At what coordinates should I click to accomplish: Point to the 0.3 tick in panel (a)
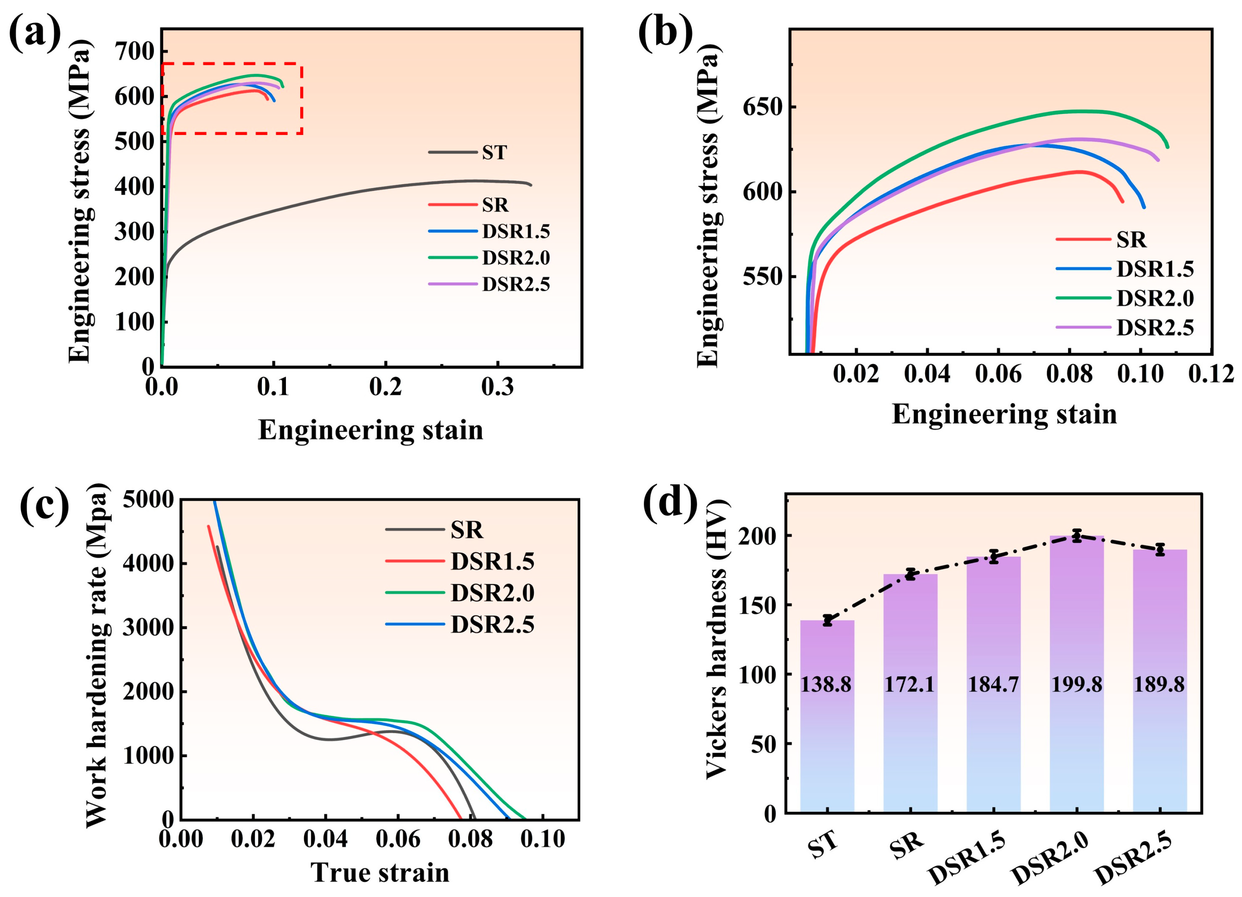(x=497, y=387)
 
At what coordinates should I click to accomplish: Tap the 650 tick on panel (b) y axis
(x=763, y=107)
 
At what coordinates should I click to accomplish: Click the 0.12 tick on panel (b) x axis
(x=1211, y=374)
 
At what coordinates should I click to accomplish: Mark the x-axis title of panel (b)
(x=1004, y=414)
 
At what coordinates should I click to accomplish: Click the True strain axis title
(x=380, y=872)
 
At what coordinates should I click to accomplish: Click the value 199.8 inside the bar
(x=1076, y=685)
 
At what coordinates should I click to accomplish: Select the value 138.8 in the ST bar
(x=826, y=685)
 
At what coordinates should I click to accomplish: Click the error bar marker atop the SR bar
(x=910, y=574)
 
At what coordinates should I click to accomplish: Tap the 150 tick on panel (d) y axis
(x=761, y=605)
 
